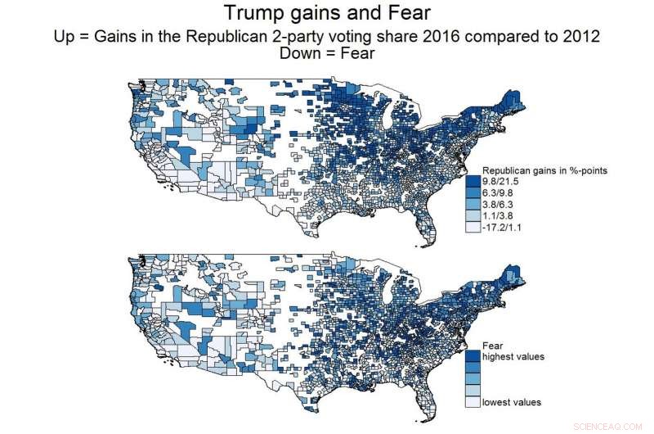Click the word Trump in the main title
point(253,14)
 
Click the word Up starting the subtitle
point(64,38)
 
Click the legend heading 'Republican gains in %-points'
point(543,170)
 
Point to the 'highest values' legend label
point(513,357)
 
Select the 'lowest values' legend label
point(511,402)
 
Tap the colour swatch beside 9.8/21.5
point(473,181)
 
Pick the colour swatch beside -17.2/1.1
point(473,229)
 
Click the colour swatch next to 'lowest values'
point(473,402)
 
